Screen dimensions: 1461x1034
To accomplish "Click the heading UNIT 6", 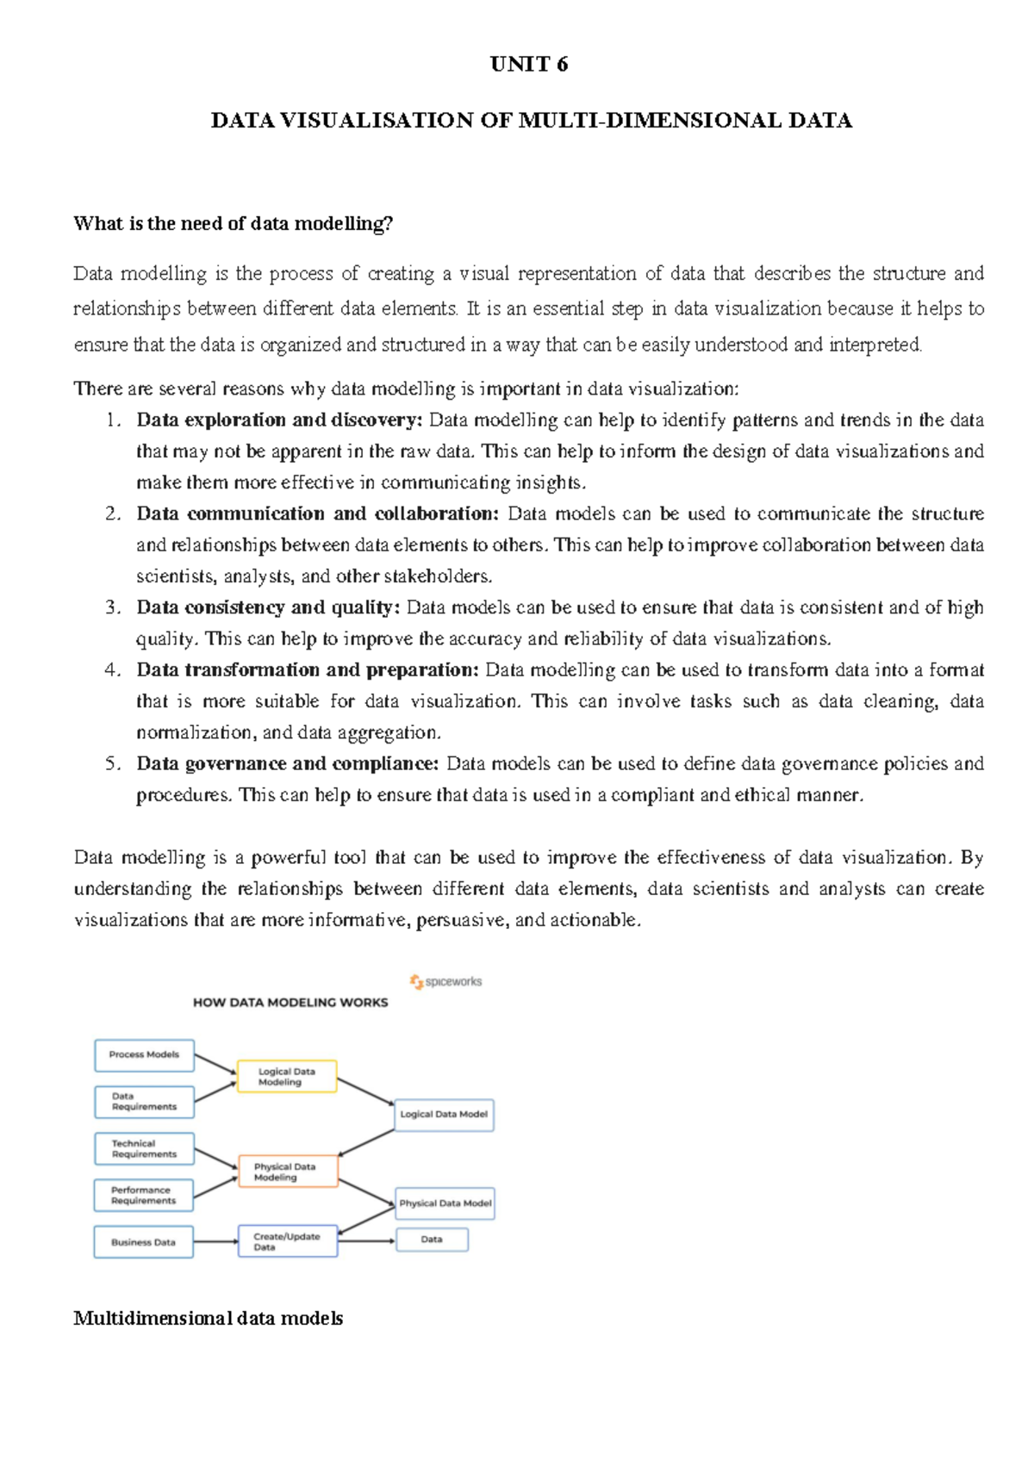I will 528,65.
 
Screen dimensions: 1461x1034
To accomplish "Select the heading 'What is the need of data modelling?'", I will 233,224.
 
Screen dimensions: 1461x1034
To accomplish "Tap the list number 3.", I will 113,607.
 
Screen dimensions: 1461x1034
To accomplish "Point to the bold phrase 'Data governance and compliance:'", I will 288,764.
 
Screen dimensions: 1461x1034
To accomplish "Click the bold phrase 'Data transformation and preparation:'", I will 307,670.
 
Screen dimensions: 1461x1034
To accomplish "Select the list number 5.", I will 113,764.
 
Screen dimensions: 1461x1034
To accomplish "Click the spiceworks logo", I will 445,981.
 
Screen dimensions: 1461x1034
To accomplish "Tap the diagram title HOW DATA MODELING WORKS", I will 290,1003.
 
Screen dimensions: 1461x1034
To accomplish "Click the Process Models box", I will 144,1054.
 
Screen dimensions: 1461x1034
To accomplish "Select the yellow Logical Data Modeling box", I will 286,1077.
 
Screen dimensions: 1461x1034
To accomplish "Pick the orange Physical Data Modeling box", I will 287,1172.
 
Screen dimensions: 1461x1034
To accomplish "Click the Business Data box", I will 143,1242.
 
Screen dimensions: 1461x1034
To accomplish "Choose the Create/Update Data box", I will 287,1241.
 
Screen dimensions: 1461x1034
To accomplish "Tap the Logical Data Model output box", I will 444,1114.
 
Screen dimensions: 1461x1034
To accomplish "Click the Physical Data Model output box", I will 445,1203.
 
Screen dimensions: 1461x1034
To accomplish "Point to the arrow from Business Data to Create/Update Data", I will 215,1241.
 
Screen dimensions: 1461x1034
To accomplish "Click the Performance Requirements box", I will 143,1195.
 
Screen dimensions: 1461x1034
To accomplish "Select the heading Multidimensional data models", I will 209,1318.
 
